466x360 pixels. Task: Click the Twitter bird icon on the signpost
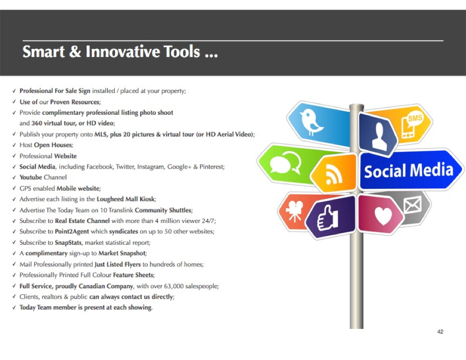(311, 122)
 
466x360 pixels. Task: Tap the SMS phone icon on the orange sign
(412, 125)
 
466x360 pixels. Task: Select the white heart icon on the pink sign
(383, 215)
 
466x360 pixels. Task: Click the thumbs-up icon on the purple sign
(328, 218)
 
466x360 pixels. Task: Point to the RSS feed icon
(334, 175)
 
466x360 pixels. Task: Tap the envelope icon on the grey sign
(413, 205)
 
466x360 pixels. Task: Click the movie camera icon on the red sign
(294, 211)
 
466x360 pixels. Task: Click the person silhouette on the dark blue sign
(379, 136)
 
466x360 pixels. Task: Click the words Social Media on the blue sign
(409, 170)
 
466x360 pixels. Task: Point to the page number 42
(440, 331)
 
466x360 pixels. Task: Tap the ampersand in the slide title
(75, 51)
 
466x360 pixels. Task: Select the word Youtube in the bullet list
(31, 178)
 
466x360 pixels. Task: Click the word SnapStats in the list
(68, 243)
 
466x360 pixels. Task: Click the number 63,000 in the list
(174, 286)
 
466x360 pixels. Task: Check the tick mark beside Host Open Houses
(14, 145)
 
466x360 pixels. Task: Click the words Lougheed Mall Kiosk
(126, 199)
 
